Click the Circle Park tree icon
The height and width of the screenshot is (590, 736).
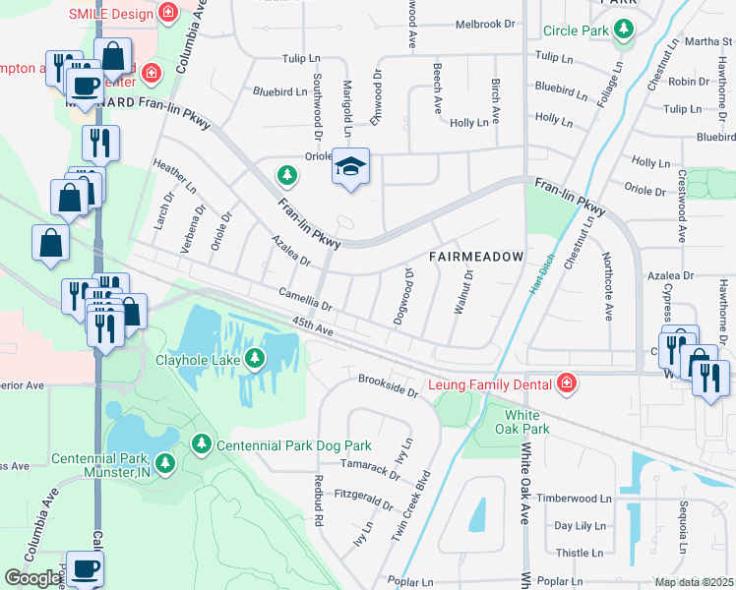tap(623, 30)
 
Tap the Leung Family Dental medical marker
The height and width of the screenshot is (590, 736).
tap(566, 383)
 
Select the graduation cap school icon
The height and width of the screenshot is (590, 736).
tap(349, 166)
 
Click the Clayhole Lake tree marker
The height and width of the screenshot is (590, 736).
tap(255, 359)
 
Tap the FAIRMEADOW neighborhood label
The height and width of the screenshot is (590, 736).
tap(476, 257)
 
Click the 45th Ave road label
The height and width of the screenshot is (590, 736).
tap(313, 327)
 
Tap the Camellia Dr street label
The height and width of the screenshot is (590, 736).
tap(305, 299)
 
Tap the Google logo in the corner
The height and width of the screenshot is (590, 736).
tap(32, 578)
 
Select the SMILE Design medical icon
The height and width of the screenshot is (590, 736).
tap(169, 14)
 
